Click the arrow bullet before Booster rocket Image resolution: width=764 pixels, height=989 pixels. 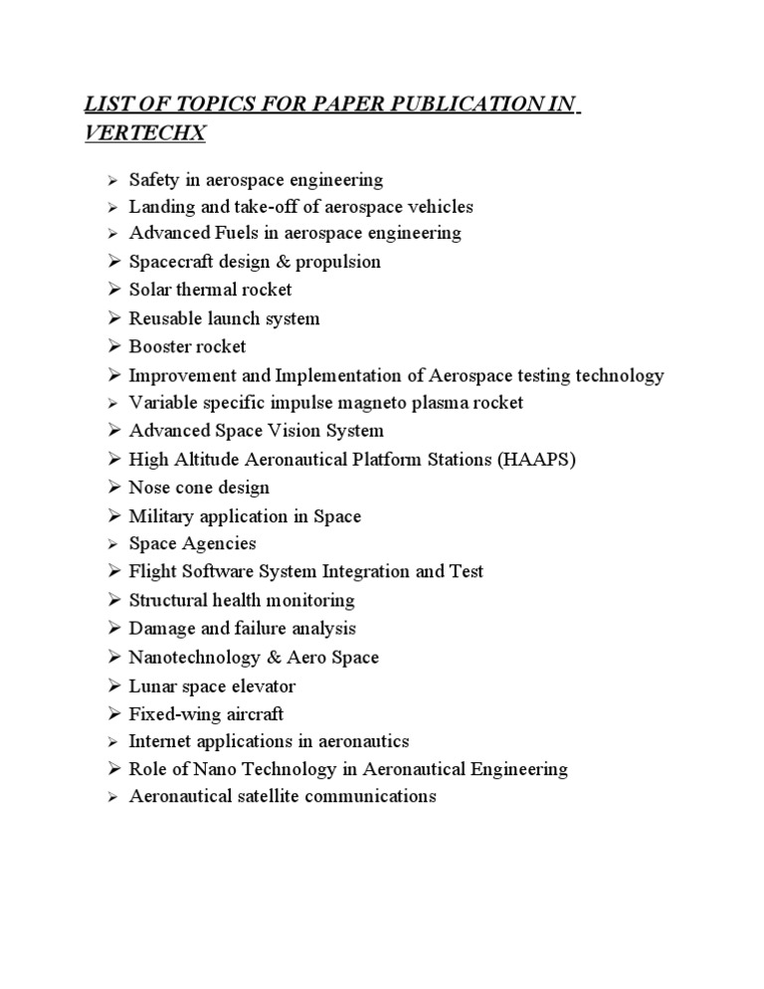[114, 347]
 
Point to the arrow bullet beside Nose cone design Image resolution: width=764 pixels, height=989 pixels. [114, 488]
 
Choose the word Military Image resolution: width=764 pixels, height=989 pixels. [162, 516]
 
